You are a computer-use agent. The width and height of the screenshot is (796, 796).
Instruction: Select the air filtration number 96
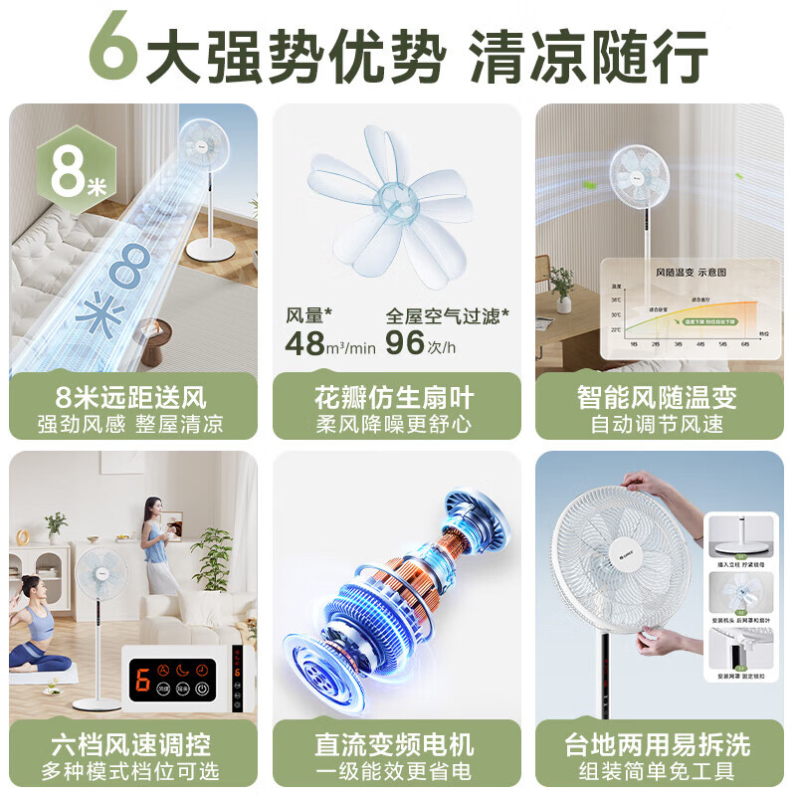tap(406, 344)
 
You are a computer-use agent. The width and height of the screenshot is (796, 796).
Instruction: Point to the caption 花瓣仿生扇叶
tap(396, 397)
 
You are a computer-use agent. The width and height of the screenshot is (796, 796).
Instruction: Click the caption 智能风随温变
tap(657, 397)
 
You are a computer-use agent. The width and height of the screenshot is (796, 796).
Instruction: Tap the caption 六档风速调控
tap(132, 744)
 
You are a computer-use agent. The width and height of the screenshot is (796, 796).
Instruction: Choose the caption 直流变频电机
tap(396, 744)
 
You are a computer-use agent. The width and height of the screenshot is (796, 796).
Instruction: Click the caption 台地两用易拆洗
tap(657, 744)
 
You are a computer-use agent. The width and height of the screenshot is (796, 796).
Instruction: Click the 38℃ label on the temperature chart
tap(616, 298)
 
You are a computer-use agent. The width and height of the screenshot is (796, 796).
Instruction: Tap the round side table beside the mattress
tap(154, 339)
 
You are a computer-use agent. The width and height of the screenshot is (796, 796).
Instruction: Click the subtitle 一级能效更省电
tap(396, 772)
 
